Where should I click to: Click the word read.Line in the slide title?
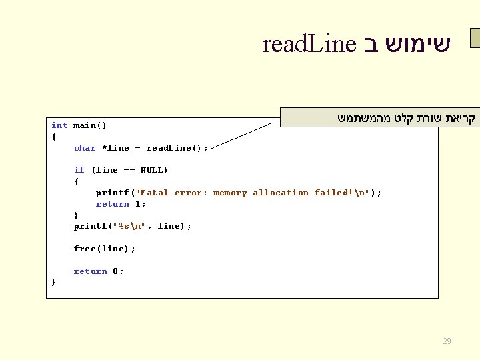pyautogui.click(x=309, y=45)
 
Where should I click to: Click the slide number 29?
pyautogui.click(x=447, y=341)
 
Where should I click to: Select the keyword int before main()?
pyautogui.click(x=59, y=125)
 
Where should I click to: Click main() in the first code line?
pyautogui.click(x=90, y=125)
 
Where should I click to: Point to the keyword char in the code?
pyautogui.click(x=85, y=148)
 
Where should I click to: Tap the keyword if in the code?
pyautogui.click(x=79, y=170)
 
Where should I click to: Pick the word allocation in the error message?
pyautogui.click(x=281, y=193)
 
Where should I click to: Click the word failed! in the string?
pyautogui.click(x=334, y=193)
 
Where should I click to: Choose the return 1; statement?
pyautogui.click(x=121, y=204)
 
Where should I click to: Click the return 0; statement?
pyautogui.click(x=99, y=271)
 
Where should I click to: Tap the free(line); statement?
pyautogui.click(x=104, y=249)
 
